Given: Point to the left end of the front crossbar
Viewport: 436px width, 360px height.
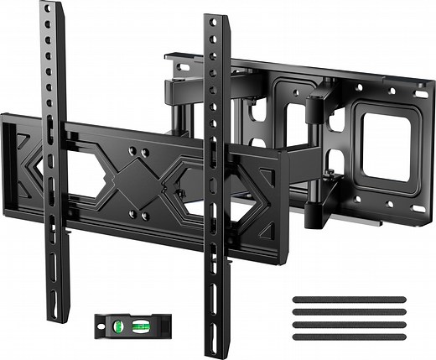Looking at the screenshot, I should point(7,164).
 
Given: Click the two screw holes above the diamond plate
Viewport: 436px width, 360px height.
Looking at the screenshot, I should point(140,152).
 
